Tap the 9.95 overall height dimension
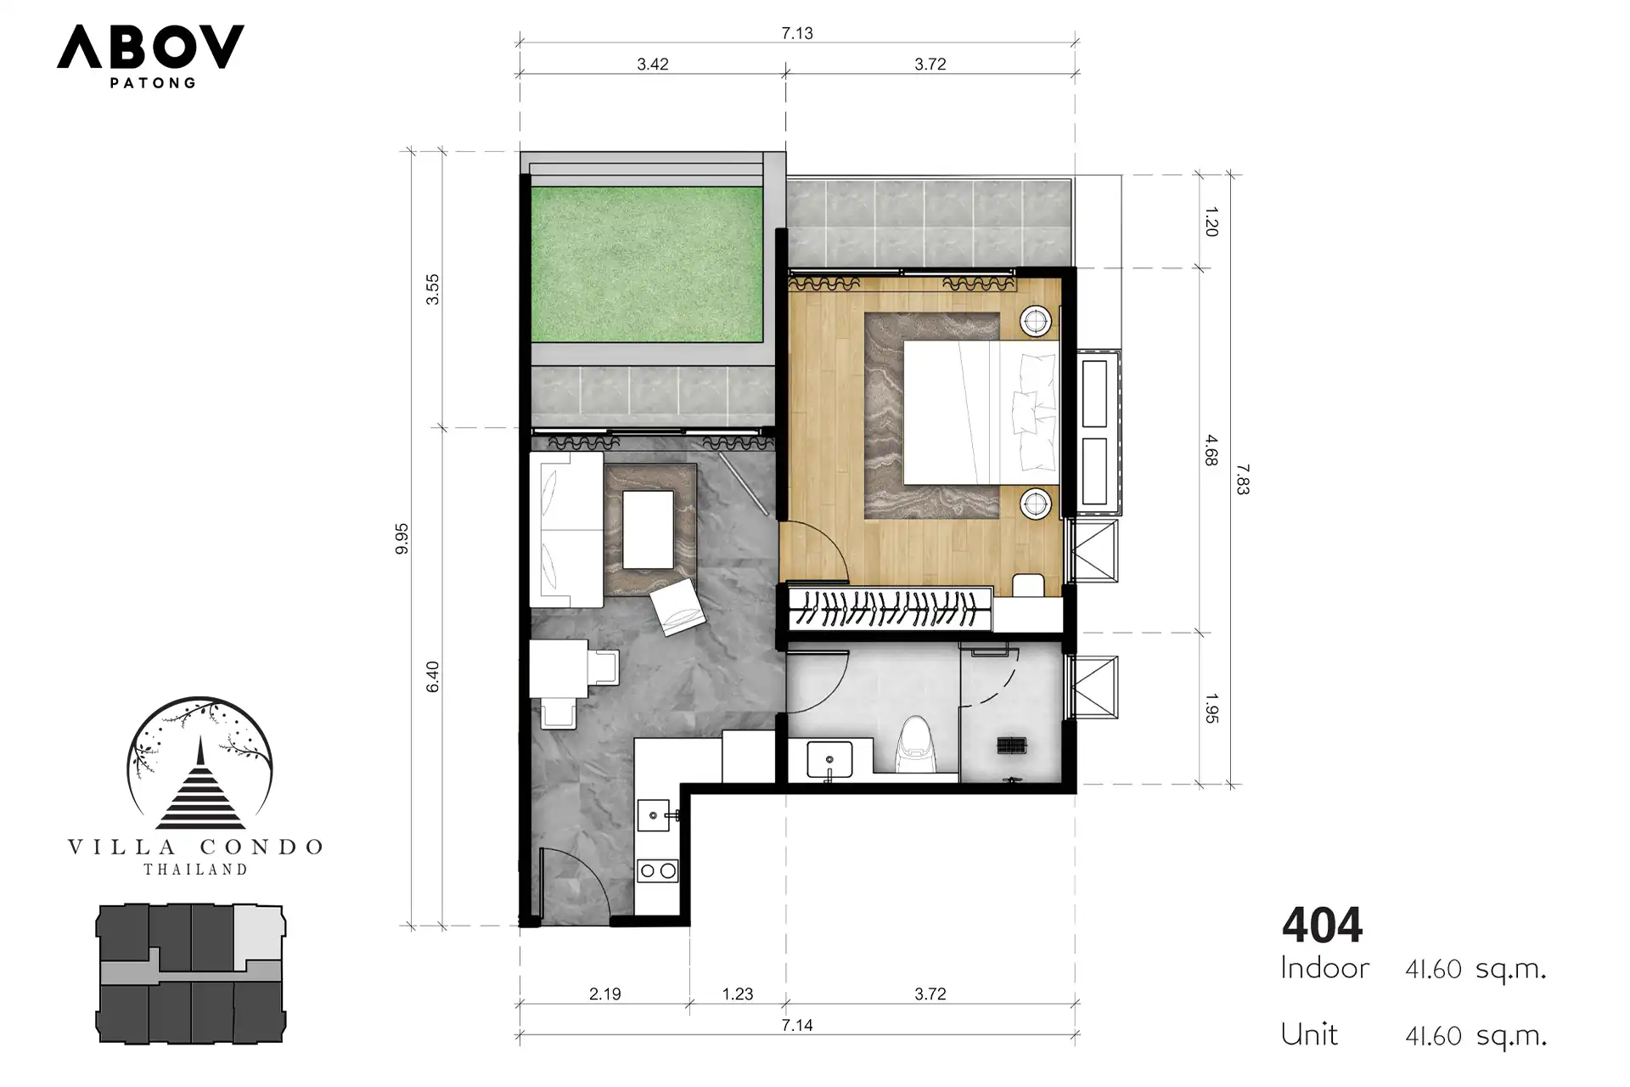coord(402,538)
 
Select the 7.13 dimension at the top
coord(797,33)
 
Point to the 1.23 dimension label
coord(738,994)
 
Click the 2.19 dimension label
coord(605,994)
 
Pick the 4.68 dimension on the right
coord(1211,450)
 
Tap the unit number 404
coord(1322,925)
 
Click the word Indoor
coord(1324,968)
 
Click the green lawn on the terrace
coord(647,265)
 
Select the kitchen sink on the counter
coord(655,816)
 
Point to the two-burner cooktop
coord(657,870)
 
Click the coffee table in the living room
coord(649,530)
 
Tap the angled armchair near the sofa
coord(677,606)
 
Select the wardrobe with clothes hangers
coord(890,609)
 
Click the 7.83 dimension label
coord(1243,479)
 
